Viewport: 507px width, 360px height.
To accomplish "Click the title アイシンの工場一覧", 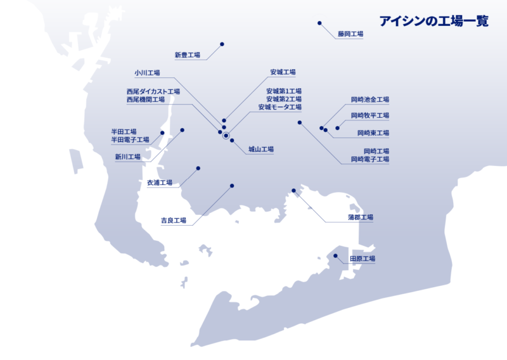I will [x=434, y=22].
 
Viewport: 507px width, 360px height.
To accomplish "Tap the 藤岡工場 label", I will [x=350, y=34].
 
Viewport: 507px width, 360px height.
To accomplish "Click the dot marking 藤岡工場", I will [x=319, y=23].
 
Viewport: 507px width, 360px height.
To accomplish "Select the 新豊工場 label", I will [x=187, y=55].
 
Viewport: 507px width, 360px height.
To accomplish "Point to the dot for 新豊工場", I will [x=222, y=44].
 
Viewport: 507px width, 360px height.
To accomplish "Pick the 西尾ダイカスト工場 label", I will [x=153, y=91].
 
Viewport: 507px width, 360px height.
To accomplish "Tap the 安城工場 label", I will [x=283, y=72].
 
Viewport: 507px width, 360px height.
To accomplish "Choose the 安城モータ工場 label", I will [x=279, y=108].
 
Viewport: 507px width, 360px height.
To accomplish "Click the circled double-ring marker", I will [x=226, y=134].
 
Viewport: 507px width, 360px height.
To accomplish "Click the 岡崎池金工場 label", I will [x=370, y=100].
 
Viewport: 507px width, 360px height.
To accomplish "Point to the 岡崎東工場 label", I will [x=373, y=133].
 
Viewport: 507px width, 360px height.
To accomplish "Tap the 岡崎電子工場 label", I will [x=370, y=160].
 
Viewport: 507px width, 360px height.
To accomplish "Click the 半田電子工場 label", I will [x=130, y=139].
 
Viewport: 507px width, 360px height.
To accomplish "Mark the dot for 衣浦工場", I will [x=198, y=168].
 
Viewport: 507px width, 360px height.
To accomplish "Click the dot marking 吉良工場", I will [x=232, y=186].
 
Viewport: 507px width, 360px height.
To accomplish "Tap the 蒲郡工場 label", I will [x=361, y=217].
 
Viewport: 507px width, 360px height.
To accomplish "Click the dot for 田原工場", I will [x=335, y=255].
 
